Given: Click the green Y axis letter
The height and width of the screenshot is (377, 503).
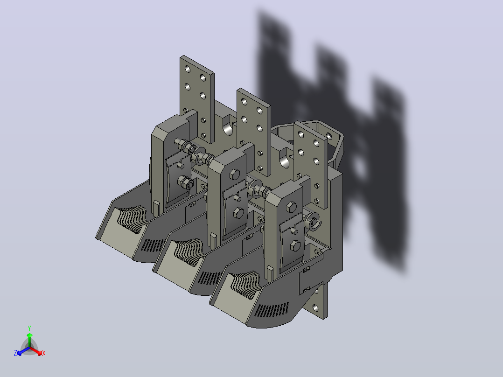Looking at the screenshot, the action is [29, 328].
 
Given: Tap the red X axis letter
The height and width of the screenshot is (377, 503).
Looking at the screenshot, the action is [44, 353].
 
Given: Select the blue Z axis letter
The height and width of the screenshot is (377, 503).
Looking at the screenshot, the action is [15, 353].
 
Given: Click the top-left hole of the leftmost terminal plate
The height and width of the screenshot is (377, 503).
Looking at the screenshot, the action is [188, 70].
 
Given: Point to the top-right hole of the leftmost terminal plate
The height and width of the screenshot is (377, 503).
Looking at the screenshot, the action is [203, 77].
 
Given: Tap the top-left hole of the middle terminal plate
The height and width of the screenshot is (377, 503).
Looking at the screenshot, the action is [245, 102].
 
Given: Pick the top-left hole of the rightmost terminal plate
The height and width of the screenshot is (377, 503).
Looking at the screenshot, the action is [301, 134].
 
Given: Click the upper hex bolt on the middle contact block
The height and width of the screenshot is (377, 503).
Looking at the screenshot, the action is [235, 175].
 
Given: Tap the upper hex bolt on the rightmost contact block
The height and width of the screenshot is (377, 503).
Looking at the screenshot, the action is [291, 207].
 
